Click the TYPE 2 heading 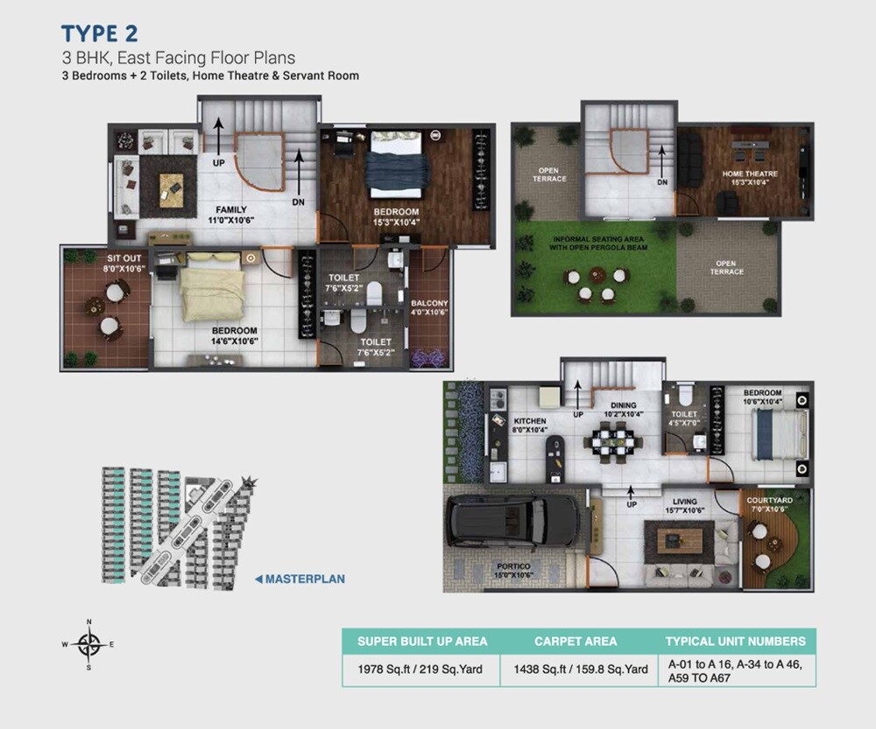coord(98,34)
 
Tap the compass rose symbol coord(88,644)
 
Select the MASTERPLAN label coord(304,578)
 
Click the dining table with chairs coord(611,440)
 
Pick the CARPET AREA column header coord(576,641)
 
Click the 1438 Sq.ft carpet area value coord(576,669)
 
